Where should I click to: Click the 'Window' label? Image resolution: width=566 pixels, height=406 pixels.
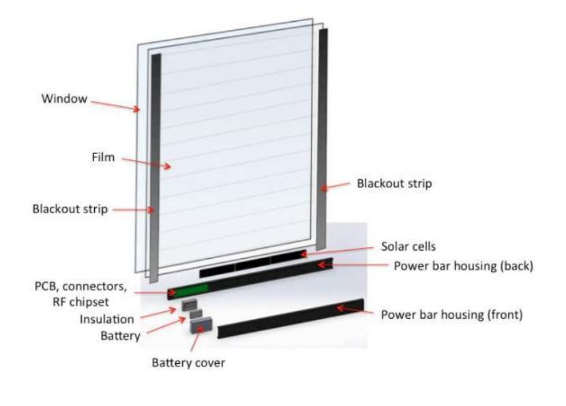[x=64, y=99]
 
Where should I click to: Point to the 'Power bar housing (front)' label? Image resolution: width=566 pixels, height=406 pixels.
[x=451, y=315]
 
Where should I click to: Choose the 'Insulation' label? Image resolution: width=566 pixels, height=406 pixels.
[x=106, y=319]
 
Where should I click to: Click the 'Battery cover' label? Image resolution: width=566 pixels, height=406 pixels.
[x=188, y=362]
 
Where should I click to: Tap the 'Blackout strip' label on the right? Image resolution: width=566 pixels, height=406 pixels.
[x=394, y=183]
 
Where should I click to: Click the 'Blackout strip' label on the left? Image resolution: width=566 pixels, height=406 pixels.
[x=70, y=209]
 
